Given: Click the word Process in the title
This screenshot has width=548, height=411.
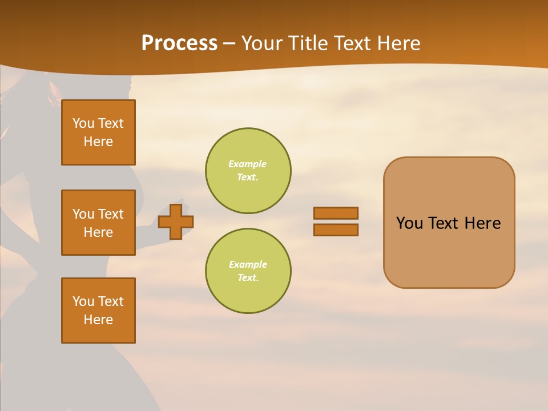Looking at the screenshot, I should [179, 43].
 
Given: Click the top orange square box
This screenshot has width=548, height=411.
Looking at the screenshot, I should [98, 132].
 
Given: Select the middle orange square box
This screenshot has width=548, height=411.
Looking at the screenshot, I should [98, 223].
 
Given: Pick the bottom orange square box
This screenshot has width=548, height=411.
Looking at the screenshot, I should [98, 311].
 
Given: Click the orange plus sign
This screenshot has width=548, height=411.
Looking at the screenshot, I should [176, 221].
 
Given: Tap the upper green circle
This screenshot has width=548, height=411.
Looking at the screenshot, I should [248, 171].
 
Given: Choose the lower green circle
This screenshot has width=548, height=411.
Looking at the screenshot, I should [248, 271].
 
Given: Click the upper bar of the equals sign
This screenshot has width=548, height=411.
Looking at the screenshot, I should [336, 213].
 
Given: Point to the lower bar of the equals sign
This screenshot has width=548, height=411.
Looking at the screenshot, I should [336, 229].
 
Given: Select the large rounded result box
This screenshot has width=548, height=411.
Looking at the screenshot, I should [449, 223].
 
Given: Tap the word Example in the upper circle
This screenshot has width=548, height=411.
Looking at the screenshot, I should [248, 164].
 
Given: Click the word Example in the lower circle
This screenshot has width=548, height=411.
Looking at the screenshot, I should [248, 264].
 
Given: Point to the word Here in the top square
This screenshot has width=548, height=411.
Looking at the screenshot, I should [98, 142].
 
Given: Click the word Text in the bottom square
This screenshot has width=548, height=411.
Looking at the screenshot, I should [111, 301].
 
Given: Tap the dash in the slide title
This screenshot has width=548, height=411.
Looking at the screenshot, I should [229, 44].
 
